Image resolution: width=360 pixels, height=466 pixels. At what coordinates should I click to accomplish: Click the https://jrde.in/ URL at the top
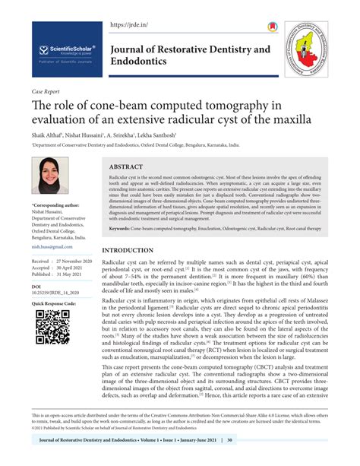click(x=128, y=25)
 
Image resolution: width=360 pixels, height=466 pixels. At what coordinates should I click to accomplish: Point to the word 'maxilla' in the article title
click(x=287, y=120)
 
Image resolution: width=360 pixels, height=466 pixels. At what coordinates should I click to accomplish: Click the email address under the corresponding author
click(x=46, y=246)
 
